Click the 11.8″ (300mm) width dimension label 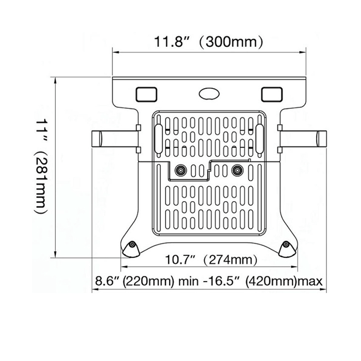(x=208, y=42)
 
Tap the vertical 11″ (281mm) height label (x=42, y=166)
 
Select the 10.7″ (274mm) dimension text (x=211, y=260)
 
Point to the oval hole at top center (x=209, y=94)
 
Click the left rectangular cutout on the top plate (x=146, y=94)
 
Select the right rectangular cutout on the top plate (x=272, y=94)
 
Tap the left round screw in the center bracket (x=180, y=170)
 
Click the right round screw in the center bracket (x=237, y=170)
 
